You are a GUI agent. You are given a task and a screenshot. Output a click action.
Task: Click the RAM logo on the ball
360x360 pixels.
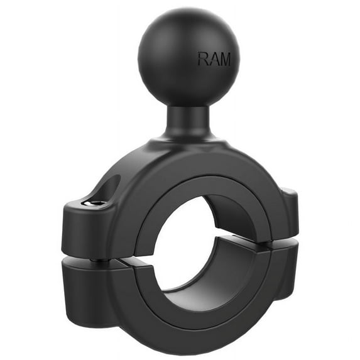pyautogui.click(x=214, y=60)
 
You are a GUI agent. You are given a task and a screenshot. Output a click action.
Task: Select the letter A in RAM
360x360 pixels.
pyautogui.click(x=214, y=60)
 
